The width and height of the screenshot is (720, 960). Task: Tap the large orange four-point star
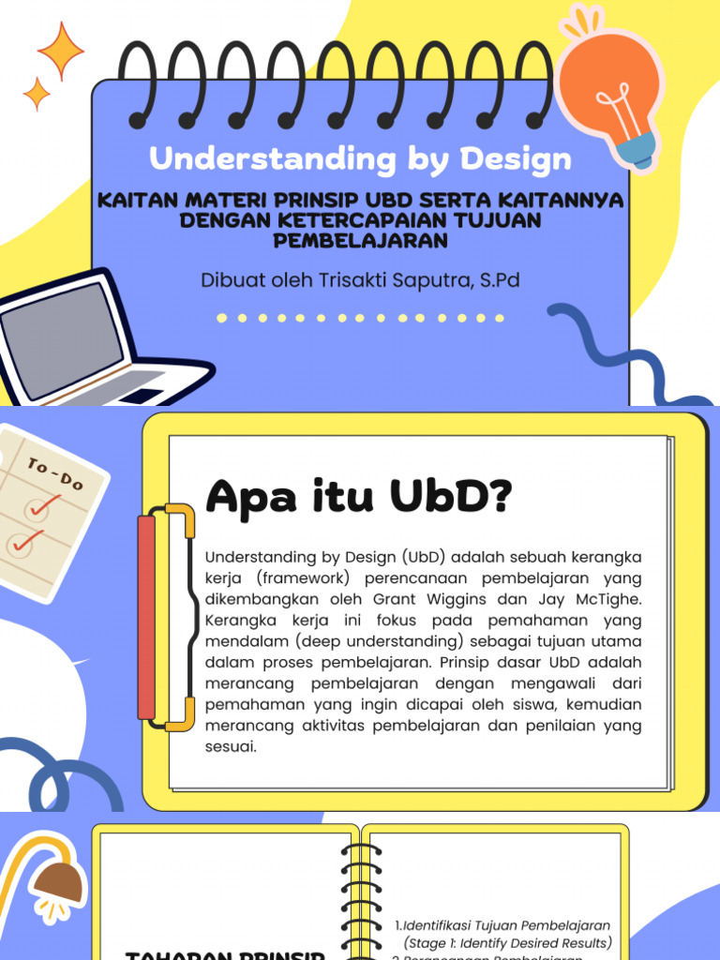(62, 51)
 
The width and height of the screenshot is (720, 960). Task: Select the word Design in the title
(515, 159)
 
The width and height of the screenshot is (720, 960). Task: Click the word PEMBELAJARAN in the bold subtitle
(361, 241)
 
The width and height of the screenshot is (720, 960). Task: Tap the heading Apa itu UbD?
(358, 497)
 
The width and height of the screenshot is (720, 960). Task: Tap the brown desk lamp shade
(59, 883)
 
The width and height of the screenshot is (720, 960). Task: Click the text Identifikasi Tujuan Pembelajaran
(507, 926)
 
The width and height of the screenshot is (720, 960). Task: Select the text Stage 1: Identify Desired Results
(507, 943)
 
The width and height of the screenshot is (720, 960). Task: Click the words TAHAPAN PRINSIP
(225, 955)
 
